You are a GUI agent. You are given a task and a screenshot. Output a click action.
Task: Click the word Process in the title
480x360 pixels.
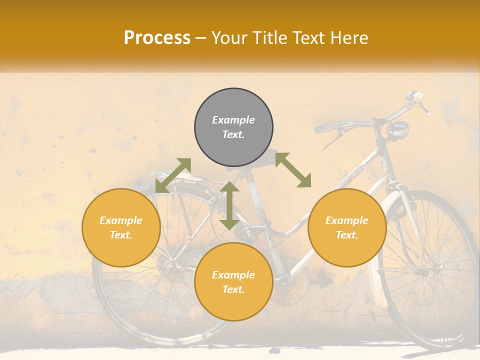157,38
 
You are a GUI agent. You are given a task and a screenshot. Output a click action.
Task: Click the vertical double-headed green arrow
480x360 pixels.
229,205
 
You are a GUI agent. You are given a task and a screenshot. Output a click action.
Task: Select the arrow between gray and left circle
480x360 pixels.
173,175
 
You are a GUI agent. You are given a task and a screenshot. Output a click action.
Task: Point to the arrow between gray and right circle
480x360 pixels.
293,170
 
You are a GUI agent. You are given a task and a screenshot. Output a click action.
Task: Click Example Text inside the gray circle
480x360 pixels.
233,127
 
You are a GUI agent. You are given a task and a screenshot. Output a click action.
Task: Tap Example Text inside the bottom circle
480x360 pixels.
233,282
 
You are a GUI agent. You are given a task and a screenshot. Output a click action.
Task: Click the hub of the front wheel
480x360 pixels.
440,267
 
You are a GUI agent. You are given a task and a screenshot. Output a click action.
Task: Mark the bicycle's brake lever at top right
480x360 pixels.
424,106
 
